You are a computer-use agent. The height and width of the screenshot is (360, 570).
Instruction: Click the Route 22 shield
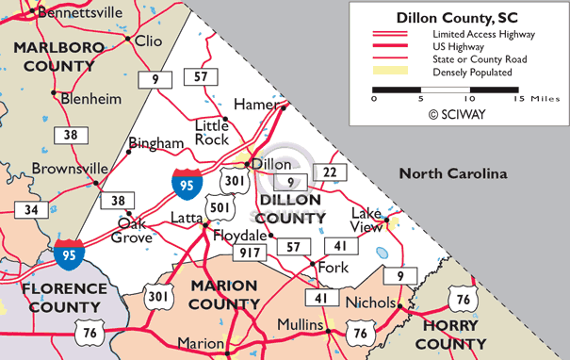point(329,172)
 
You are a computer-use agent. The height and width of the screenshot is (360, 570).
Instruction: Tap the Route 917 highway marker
point(251,253)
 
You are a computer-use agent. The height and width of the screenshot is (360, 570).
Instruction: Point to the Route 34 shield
point(31,209)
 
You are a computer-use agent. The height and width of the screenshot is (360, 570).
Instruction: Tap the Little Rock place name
point(212,132)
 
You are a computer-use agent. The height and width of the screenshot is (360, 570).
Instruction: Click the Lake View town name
point(366,219)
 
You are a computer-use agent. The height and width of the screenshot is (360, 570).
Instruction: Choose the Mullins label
point(301,324)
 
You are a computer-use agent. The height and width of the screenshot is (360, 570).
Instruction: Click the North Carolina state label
point(452,173)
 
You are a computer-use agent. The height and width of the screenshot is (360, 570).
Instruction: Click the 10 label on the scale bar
point(468,98)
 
